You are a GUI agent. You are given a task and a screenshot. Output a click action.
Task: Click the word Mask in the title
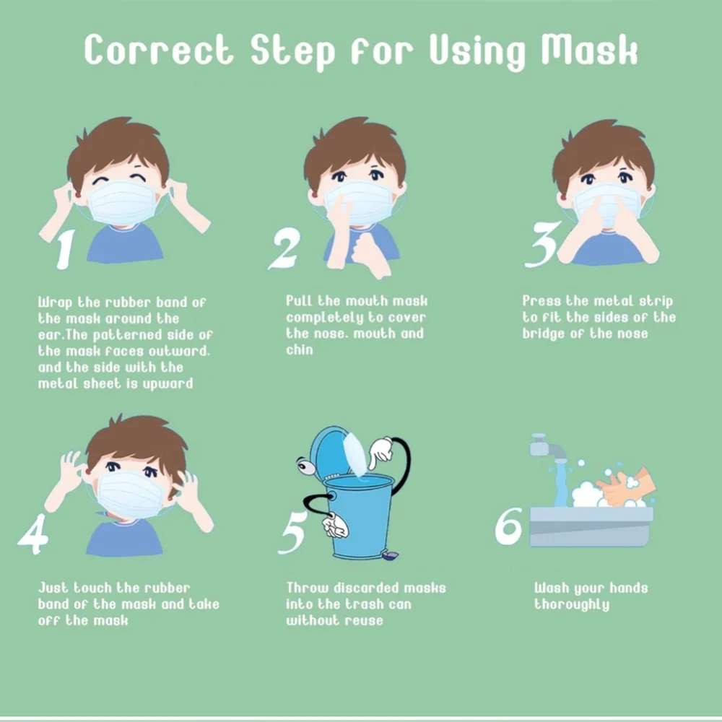point(590,49)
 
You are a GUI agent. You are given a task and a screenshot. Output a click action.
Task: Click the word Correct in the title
point(159,49)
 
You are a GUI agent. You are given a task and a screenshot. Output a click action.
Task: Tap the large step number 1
point(64,249)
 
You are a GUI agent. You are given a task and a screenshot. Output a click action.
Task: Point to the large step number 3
point(542,245)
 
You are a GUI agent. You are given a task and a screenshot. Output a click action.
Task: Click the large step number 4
point(34,534)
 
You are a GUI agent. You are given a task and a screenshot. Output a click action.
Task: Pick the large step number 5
point(293,533)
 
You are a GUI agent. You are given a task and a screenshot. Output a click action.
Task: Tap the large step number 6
point(509,526)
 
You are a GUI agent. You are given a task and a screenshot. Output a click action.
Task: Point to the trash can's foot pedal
point(391,556)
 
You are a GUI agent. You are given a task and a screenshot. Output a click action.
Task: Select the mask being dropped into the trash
point(355,454)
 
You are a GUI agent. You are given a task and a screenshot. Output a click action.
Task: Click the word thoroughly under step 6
point(571,604)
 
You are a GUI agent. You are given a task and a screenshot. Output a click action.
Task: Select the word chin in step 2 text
point(300,350)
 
